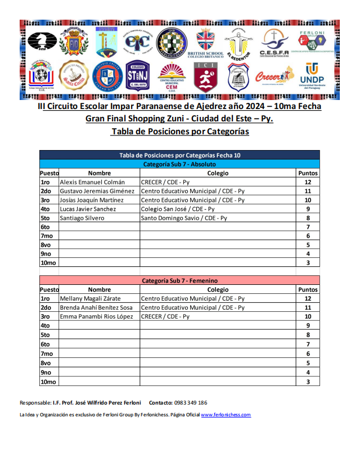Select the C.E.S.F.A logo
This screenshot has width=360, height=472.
[274, 43]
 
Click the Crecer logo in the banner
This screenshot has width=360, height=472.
[274, 76]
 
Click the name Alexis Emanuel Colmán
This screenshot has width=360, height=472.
[92, 182]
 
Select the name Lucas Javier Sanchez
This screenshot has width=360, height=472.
[88, 209]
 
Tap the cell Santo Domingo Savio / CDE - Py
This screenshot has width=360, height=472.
[183, 218]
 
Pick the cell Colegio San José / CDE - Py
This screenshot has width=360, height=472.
[178, 209]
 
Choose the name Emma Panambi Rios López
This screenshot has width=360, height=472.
[96, 317]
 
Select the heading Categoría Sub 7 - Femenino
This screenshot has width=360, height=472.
[179, 280]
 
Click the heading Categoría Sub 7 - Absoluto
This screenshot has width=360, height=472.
[179, 164]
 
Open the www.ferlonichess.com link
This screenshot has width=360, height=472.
[226, 415]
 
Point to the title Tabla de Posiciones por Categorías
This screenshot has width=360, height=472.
[179, 131]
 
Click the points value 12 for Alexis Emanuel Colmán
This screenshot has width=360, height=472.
[308, 182]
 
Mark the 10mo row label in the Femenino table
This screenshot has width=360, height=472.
[48, 382]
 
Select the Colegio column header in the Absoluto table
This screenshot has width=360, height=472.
[218, 173]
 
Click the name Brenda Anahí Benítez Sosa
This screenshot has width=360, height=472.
[96, 308]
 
